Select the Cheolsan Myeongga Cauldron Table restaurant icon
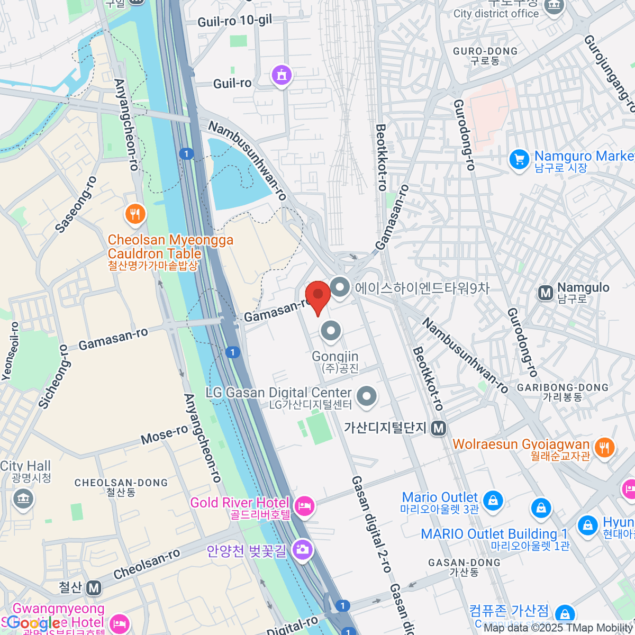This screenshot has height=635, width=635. tap(135, 214)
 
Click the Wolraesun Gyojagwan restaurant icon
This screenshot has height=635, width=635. tap(604, 448)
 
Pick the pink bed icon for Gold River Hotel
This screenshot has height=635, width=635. tap(304, 506)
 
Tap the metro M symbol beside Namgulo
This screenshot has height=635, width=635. tap(546, 293)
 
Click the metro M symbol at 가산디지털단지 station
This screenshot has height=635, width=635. tap(438, 428)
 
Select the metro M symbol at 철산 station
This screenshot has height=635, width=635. tap(94, 588)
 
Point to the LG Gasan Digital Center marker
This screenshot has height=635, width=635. tap(366, 396)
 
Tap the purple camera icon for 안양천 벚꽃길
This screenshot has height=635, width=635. tap(302, 549)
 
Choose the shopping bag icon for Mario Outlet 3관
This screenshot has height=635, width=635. tap(493, 500)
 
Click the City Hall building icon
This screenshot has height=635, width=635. tap(23, 498)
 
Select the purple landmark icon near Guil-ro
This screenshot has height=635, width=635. tap(282, 75)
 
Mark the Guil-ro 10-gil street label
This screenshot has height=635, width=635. tap(234, 21)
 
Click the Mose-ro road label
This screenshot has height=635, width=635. tap(164, 435)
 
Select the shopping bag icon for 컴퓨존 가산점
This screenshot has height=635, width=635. tap(565, 614)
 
